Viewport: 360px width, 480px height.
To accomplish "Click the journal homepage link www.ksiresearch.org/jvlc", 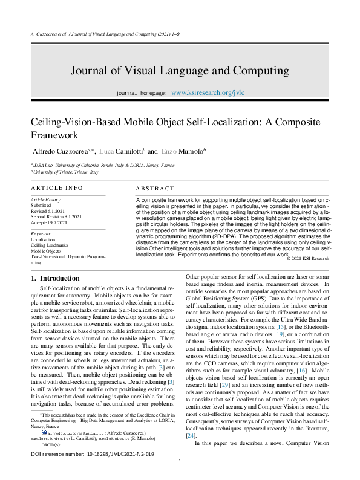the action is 208,94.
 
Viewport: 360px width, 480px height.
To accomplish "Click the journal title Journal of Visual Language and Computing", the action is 180,71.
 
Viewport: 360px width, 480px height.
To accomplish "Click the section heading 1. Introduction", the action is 55,278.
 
